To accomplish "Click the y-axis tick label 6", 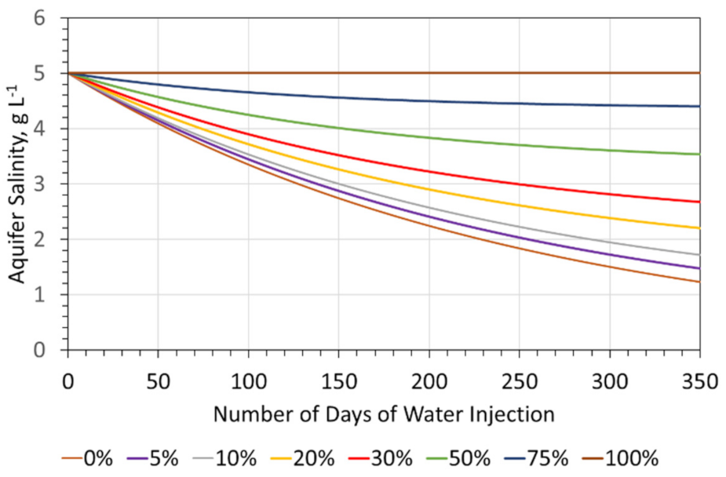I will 50,18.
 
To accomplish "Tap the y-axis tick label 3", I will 50,184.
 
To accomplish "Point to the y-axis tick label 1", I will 50,295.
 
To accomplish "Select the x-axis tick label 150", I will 338,383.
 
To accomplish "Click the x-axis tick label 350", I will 699,383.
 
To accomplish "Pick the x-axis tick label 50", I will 158,383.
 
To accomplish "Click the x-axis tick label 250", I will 519,383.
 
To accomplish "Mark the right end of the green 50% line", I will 699,155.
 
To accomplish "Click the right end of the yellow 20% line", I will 699,228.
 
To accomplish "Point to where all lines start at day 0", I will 68,73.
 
